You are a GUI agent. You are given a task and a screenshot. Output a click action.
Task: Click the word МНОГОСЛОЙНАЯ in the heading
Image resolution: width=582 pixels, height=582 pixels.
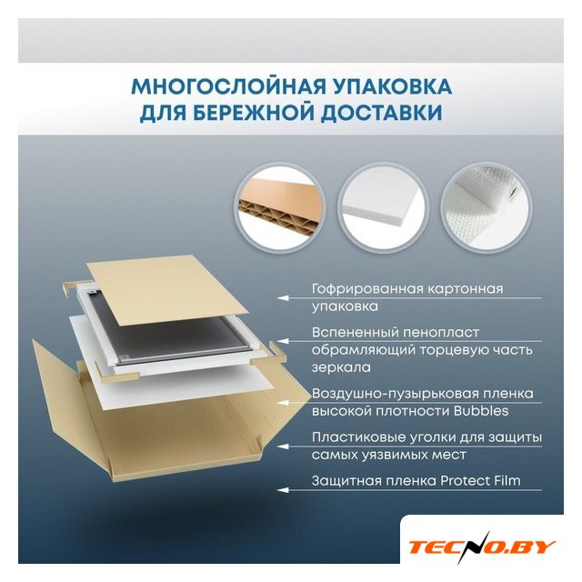coord(228,86)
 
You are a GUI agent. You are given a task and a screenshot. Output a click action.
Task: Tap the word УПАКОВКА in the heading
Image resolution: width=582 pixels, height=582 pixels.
coord(392,86)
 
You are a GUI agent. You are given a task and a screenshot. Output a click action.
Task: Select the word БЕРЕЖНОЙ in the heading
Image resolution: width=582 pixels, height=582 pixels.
coord(255,113)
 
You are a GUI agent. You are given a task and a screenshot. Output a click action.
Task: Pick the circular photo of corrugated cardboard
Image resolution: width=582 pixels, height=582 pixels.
coord(279,209)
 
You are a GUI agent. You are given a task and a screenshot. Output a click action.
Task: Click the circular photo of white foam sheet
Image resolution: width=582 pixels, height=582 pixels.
coord(384,209)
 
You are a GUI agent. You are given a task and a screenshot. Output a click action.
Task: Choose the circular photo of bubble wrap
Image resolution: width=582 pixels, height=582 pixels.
coord(487,209)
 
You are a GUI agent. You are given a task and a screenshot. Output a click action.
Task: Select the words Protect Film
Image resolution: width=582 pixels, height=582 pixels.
coord(480,481)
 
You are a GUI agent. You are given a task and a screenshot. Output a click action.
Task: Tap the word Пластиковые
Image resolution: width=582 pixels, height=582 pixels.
coord(357,437)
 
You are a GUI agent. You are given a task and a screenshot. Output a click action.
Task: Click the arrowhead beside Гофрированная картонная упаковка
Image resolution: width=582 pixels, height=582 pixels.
coord(283,298)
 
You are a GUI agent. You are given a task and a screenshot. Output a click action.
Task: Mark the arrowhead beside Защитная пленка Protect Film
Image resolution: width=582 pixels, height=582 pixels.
coord(283,490)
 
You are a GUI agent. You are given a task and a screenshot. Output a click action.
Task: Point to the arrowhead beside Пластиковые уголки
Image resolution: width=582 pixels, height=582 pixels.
coord(283,447)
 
